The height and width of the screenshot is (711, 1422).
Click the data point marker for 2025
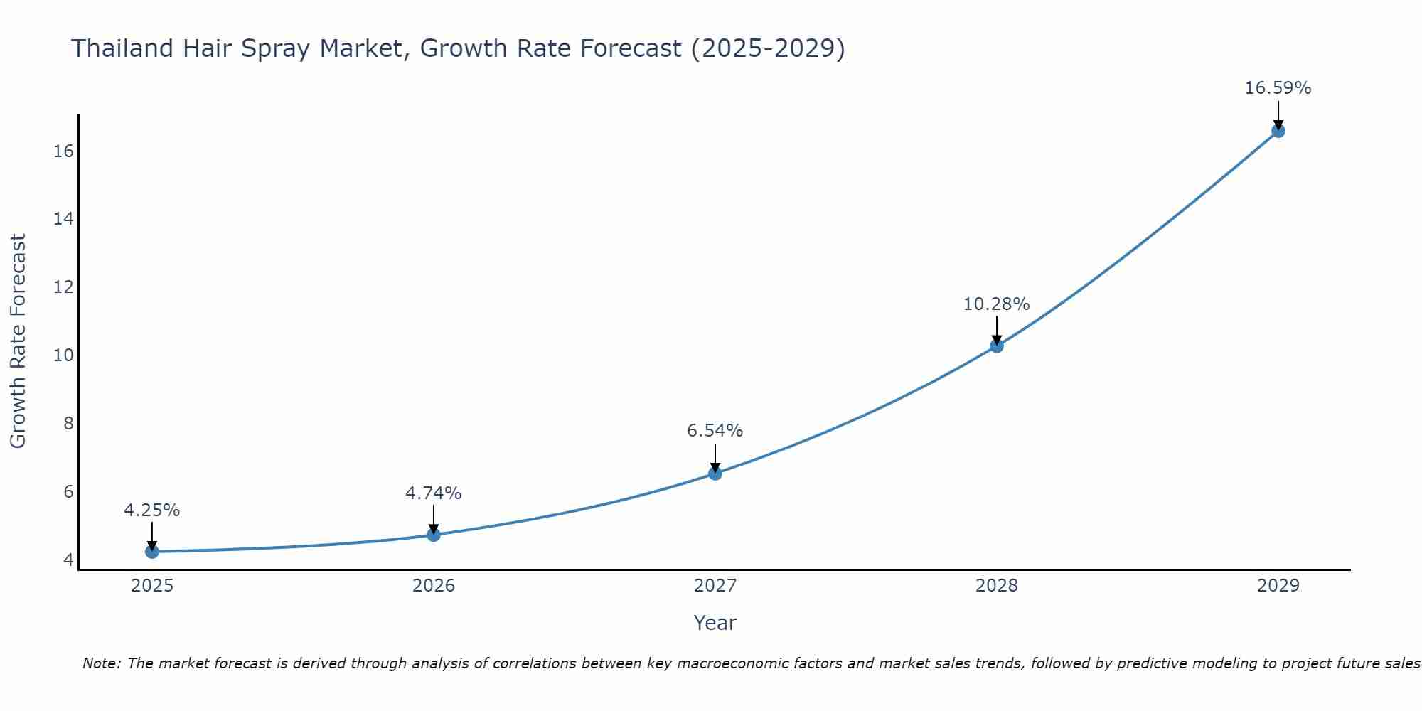coord(152,551)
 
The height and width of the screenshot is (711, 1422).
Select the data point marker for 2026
coord(434,534)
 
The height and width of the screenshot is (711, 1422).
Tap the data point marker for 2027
coord(715,473)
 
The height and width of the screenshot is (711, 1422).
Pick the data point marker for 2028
coord(997,346)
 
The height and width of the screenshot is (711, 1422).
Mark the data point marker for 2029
coord(1278,130)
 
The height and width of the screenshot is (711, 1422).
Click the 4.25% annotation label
coord(152,510)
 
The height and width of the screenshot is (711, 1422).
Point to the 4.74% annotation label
coord(434,493)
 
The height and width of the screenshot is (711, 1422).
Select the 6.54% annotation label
coord(715,431)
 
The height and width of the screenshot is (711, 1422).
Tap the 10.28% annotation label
coord(997,304)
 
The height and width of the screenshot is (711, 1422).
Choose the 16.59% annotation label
coord(1278,88)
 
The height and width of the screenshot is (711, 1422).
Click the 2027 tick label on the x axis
coord(715,586)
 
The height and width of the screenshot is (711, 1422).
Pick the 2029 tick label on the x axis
coord(1278,586)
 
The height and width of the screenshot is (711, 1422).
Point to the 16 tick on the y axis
coord(64,151)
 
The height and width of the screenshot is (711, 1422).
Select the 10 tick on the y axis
coord(64,355)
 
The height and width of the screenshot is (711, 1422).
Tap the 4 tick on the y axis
coord(68,560)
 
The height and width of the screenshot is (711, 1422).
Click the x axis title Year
coord(715,623)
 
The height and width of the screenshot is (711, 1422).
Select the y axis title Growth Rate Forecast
coord(18,341)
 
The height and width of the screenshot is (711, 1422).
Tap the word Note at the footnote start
coord(102,663)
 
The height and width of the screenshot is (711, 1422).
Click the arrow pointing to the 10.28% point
coord(997,329)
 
